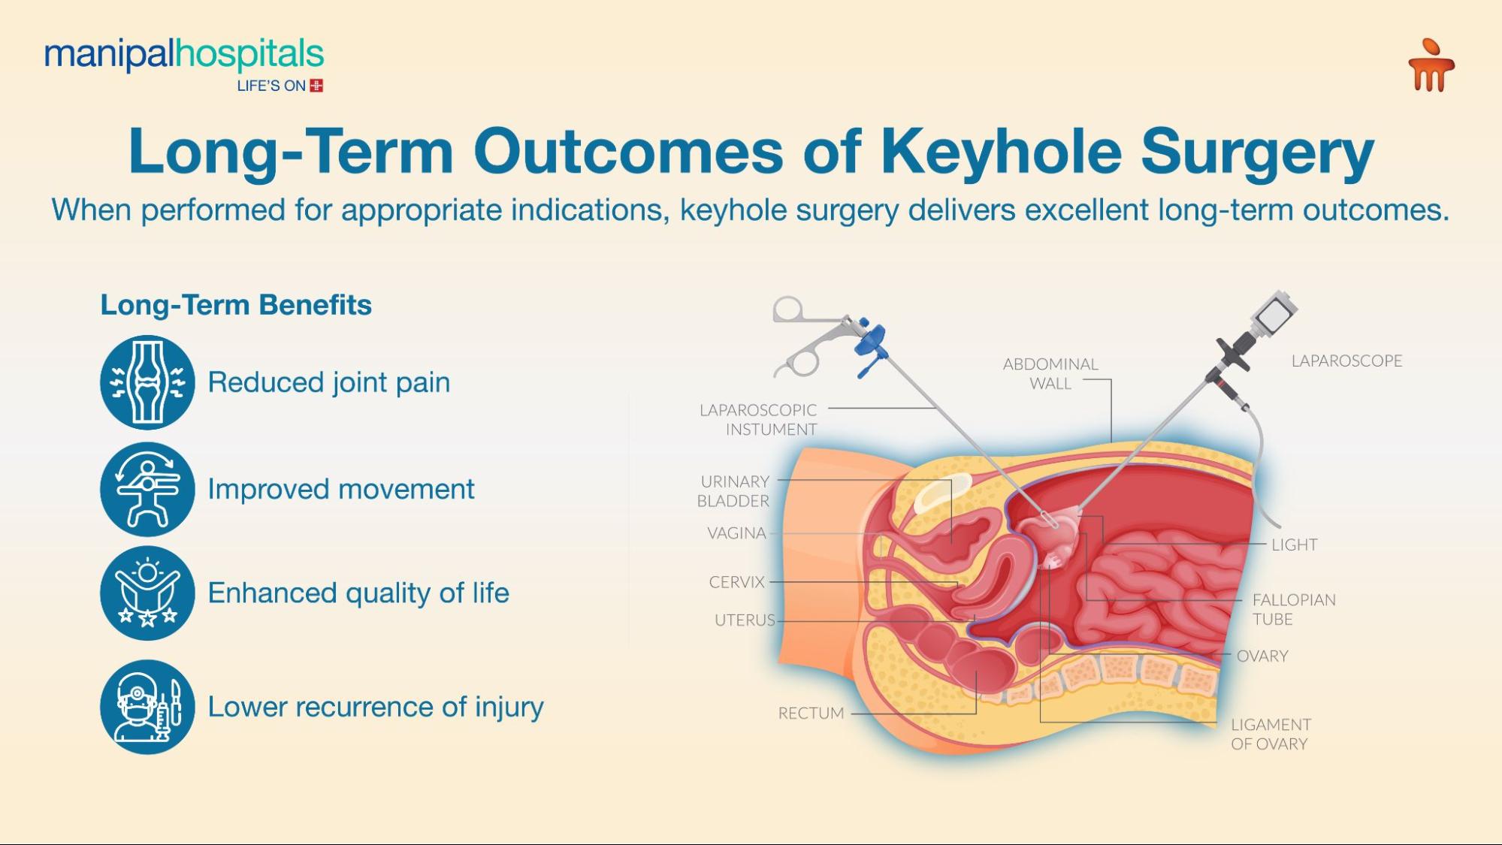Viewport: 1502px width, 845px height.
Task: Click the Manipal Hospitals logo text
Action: click(184, 55)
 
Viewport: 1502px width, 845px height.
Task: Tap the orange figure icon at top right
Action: click(1431, 66)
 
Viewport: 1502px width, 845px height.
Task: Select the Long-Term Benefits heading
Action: click(236, 305)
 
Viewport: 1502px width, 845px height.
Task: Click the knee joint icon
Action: click(147, 382)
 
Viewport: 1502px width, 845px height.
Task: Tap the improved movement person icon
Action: click(147, 489)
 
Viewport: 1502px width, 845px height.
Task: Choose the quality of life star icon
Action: click(147, 593)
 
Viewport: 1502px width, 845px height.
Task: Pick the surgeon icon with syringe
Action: click(147, 707)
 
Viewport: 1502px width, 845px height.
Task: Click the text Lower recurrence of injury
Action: click(376, 707)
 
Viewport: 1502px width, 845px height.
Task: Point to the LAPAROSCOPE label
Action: click(1346, 361)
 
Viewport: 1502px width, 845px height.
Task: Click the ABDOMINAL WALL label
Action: click(1050, 373)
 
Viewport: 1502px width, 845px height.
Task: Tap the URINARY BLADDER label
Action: click(733, 491)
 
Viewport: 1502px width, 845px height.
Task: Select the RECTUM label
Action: click(811, 713)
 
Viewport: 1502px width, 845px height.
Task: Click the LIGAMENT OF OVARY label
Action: click(1270, 734)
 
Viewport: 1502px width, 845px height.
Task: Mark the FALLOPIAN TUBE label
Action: click(1293, 609)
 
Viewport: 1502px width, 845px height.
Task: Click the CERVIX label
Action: click(736, 582)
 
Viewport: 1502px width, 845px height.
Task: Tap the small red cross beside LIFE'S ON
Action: click(316, 86)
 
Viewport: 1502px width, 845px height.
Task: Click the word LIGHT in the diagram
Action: click(1294, 545)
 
